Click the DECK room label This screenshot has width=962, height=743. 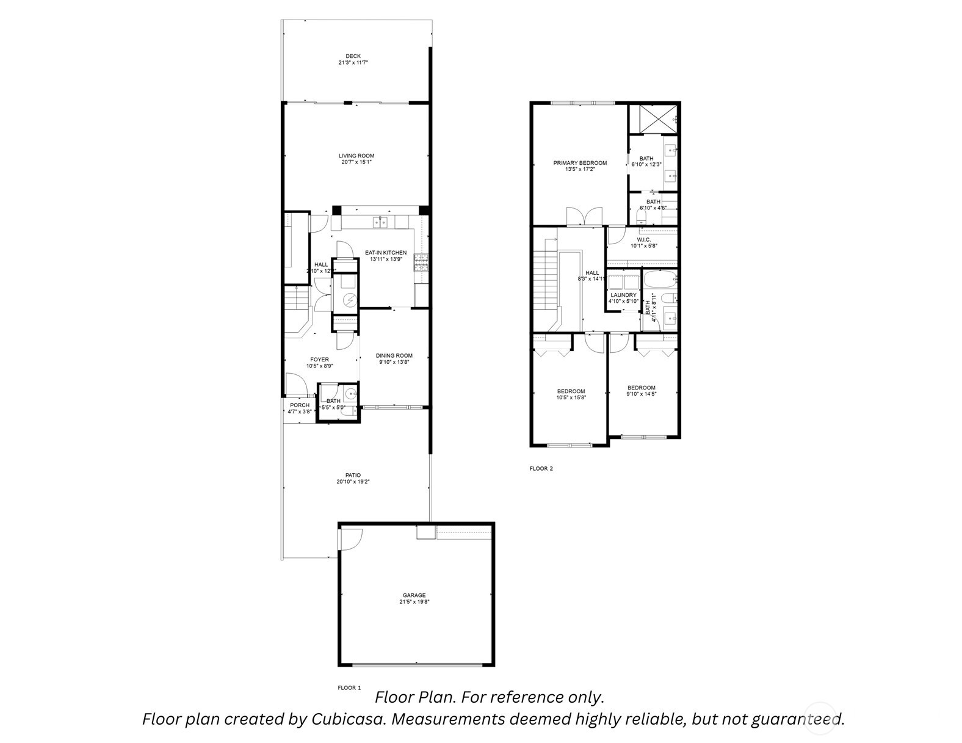[353, 56]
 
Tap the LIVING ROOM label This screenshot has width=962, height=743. [357, 156]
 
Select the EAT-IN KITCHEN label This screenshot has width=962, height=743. [385, 252]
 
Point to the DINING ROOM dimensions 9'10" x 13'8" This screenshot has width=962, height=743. [394, 362]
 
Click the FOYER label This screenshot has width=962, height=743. [319, 360]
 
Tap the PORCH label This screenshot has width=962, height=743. [300, 405]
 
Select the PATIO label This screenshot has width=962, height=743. [353, 475]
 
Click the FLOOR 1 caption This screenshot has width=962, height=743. [349, 687]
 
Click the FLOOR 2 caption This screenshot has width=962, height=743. [541, 469]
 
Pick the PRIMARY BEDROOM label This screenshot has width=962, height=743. [580, 163]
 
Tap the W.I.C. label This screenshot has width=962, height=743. [643, 239]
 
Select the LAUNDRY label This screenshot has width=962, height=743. [623, 295]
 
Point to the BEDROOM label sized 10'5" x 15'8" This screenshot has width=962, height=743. [571, 391]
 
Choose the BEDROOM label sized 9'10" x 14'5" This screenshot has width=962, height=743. [641, 388]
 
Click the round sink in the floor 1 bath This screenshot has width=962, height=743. [350, 393]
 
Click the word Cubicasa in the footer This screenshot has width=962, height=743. [349, 719]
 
